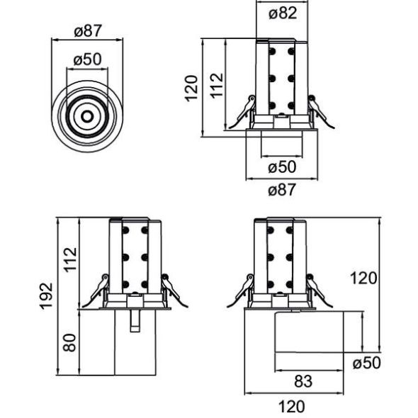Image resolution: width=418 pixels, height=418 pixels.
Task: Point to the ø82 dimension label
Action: [283, 12]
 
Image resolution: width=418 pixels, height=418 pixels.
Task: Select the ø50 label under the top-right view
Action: [283, 167]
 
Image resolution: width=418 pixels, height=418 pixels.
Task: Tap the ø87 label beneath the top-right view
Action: [283, 189]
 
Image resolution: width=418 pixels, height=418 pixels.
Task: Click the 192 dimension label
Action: [46, 296]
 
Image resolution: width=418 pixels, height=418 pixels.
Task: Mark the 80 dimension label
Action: [69, 344]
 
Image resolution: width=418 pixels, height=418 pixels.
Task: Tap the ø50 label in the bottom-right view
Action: [366, 362]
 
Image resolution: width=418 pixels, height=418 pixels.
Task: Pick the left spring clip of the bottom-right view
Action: [242, 290]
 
